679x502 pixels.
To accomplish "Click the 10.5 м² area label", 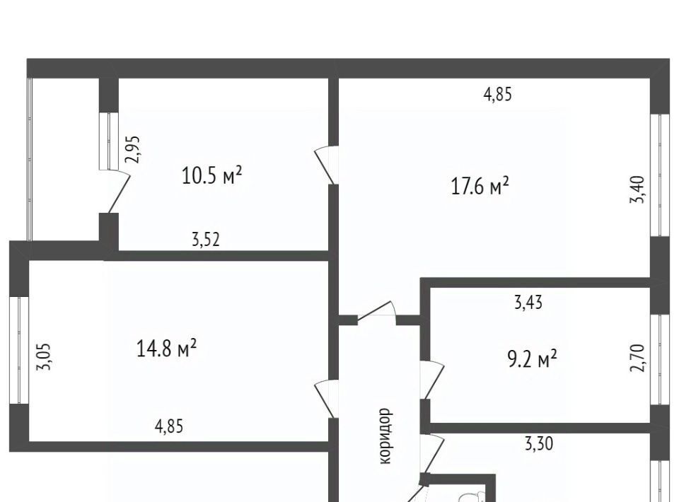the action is pos(211,175).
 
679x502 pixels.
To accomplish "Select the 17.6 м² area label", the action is pos(480,187).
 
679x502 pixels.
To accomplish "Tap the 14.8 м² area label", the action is pos(167,349).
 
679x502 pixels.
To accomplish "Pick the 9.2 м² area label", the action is pos(532,359).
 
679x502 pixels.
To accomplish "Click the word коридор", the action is pos(385,436).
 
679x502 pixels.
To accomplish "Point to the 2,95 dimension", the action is pos(132,149).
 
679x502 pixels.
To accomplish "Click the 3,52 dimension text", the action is pos(206,239).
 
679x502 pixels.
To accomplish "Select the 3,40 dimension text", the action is pos(637,189).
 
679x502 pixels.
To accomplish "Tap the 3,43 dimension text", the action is pos(528,302).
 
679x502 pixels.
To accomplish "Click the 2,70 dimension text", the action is pos(637,358).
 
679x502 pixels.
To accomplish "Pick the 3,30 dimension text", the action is pos(539,443).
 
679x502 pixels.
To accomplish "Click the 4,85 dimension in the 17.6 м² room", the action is pos(497,94).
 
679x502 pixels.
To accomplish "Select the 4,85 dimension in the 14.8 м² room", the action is pos(169,426).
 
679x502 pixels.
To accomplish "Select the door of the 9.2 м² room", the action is pos(433,380).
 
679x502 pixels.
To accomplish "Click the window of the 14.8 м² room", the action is pos(19,350).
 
